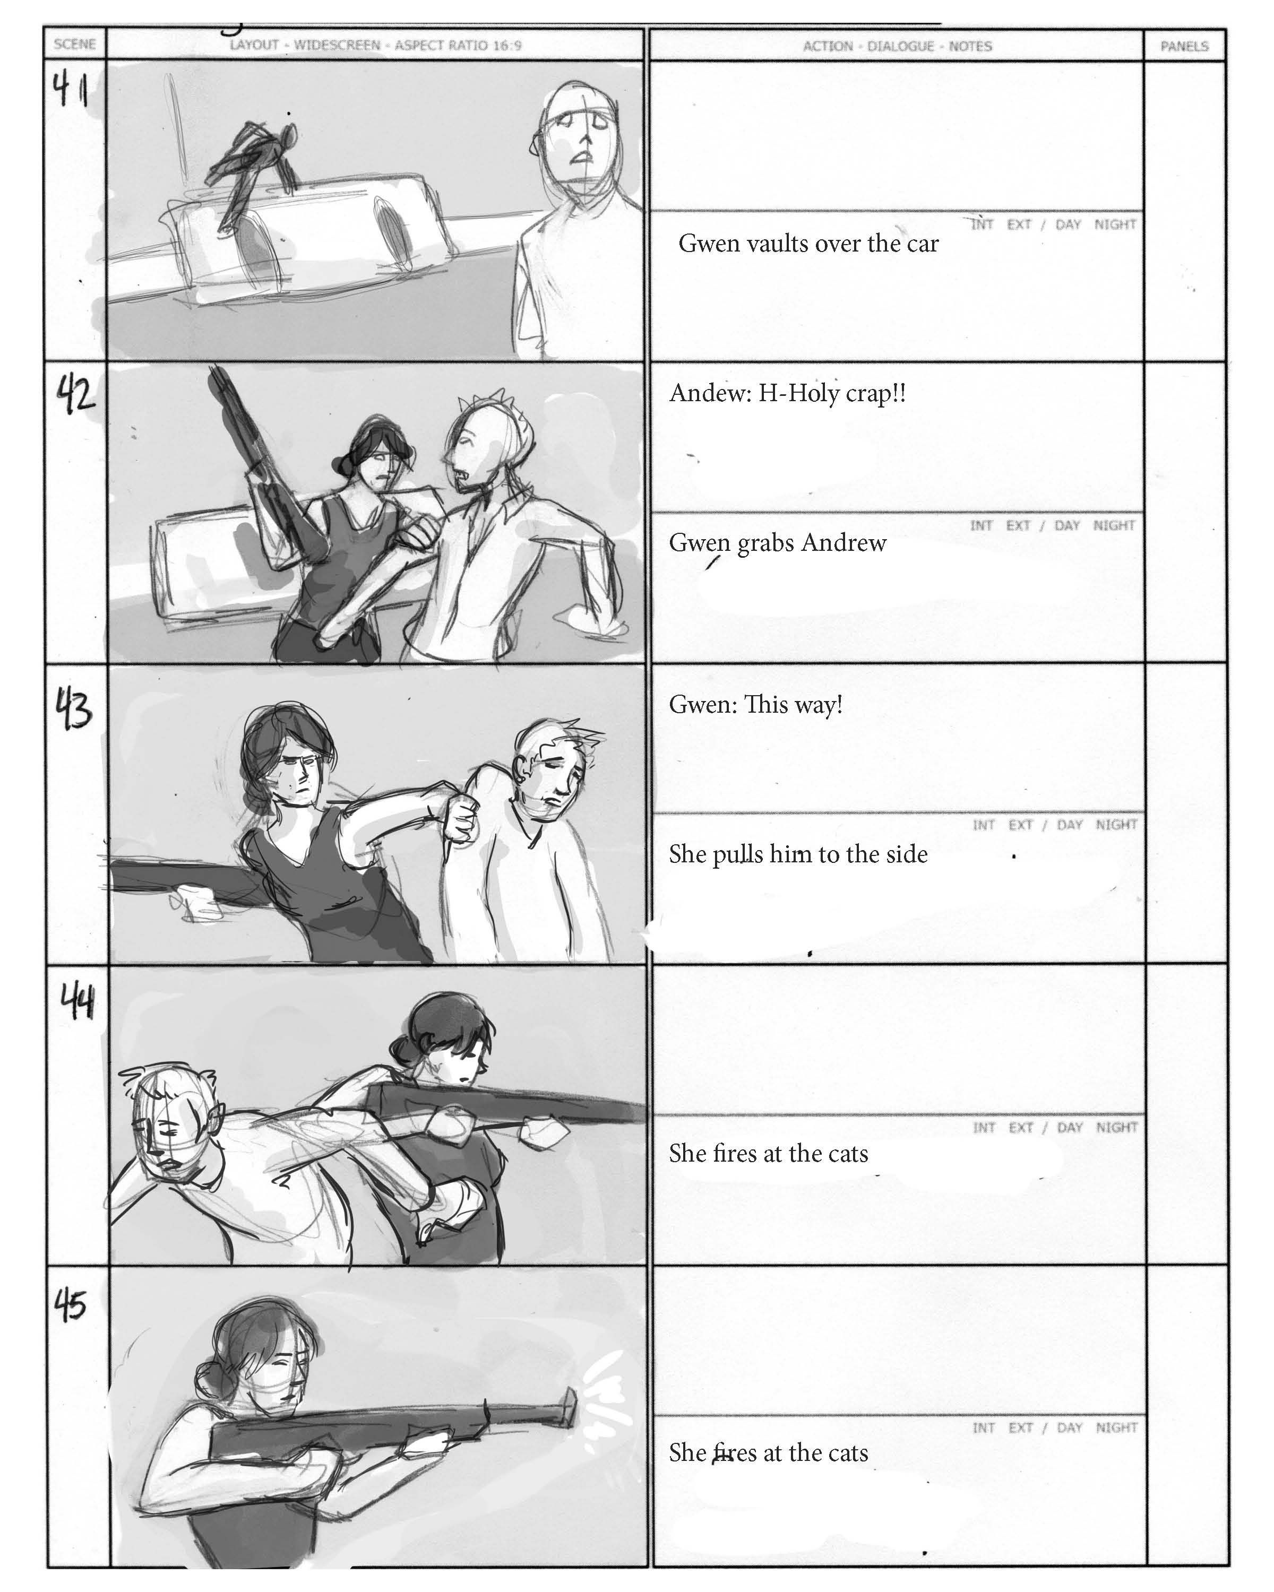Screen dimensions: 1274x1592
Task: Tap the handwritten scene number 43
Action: click(75, 709)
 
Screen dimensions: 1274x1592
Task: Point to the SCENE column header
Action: click(75, 44)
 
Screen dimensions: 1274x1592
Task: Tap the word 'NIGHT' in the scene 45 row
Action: click(1117, 1427)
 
